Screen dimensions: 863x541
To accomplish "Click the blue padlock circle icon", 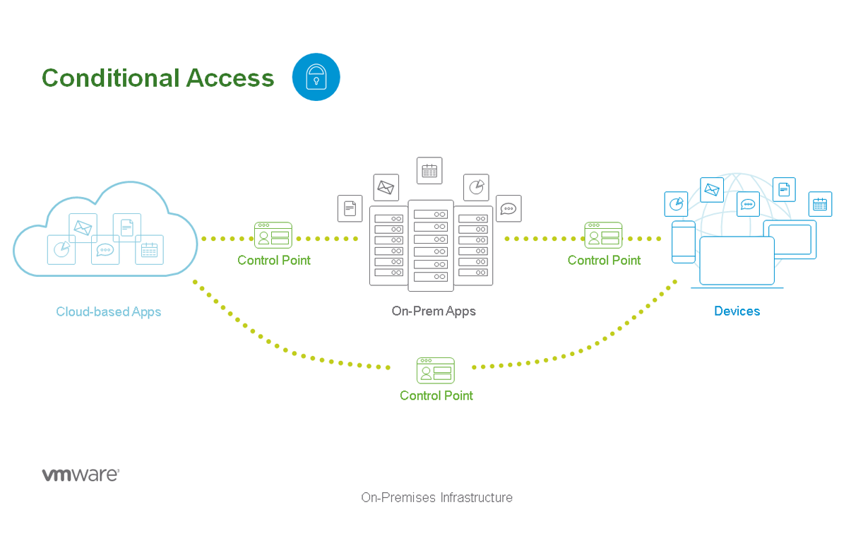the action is coord(316,77).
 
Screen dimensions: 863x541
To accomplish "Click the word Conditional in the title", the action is coord(111,78).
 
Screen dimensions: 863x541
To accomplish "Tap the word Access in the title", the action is coord(230,78).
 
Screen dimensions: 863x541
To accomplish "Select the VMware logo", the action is coord(81,475).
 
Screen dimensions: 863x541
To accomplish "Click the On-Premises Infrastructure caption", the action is coord(436,497).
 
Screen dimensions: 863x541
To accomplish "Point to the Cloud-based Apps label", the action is coord(108,311).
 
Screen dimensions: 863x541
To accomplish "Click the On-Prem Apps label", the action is coord(434,311).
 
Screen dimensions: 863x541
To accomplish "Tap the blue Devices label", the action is coord(737,311).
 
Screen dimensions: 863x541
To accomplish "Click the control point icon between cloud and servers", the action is coord(273,235).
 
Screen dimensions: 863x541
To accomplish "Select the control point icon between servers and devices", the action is coord(603,235).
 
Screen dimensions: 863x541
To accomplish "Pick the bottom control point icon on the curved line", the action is coord(435,370).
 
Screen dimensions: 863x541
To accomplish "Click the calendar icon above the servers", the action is coord(429,170).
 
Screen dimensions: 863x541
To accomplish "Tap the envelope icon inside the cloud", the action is coord(83,227).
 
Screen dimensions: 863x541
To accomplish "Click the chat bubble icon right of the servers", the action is coord(508,208).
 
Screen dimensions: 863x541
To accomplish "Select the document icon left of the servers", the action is coord(350,208).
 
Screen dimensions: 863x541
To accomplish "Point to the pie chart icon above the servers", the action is coord(476,187).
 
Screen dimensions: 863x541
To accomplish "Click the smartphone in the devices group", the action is coord(684,242).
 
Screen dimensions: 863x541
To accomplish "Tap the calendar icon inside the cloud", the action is coord(150,250).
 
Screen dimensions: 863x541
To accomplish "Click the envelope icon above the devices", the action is coord(712,189).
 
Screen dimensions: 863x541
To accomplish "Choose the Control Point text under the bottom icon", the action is coord(436,396).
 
